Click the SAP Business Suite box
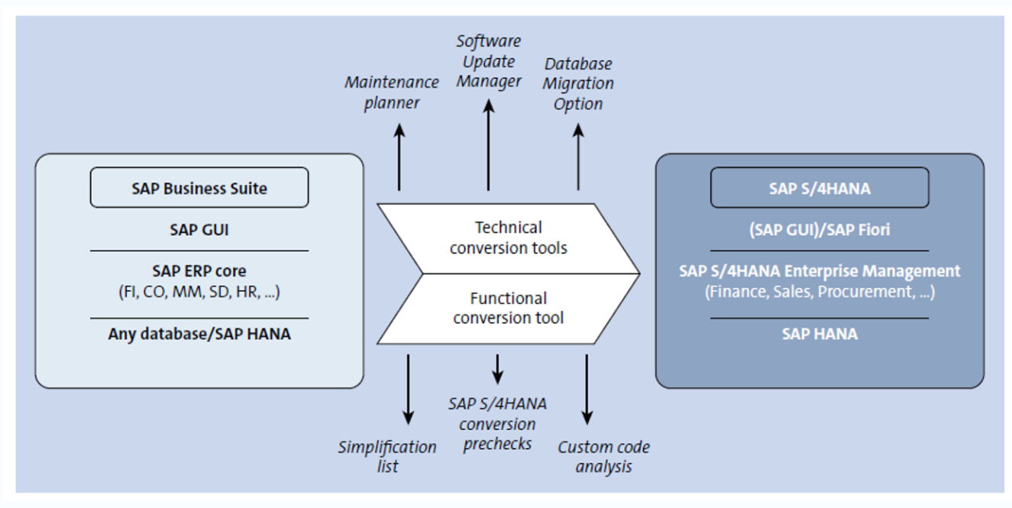point(199,188)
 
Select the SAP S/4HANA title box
point(820,188)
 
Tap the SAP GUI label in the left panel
point(199,230)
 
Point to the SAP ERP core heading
point(199,270)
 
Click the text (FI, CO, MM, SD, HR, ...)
point(199,292)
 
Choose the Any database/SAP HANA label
point(199,334)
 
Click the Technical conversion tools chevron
point(508,238)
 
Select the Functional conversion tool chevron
point(508,309)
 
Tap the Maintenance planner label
point(392,92)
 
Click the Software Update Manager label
point(488,61)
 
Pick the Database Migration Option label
point(578,83)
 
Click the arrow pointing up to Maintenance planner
point(399,157)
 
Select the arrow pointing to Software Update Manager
point(488,144)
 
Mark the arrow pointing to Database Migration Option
point(578,157)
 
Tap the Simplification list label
point(387,457)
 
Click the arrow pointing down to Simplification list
point(408,390)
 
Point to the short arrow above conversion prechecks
point(497,369)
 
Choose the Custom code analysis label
point(603,457)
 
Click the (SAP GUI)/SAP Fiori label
point(820,230)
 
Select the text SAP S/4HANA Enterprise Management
point(820,270)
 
